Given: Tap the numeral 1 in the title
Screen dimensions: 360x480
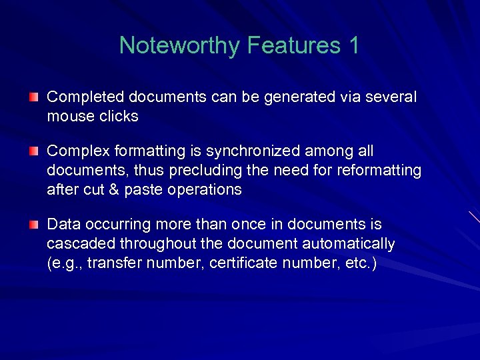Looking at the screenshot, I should [353, 45].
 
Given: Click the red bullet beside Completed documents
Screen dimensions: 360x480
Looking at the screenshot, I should [34, 97].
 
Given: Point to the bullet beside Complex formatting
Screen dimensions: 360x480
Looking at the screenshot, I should [34, 152].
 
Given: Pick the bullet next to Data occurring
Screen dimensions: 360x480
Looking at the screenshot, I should [34, 225].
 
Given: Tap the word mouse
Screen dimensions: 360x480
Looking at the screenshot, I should [68, 116].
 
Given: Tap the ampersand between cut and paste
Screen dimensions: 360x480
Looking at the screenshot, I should [113, 189].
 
